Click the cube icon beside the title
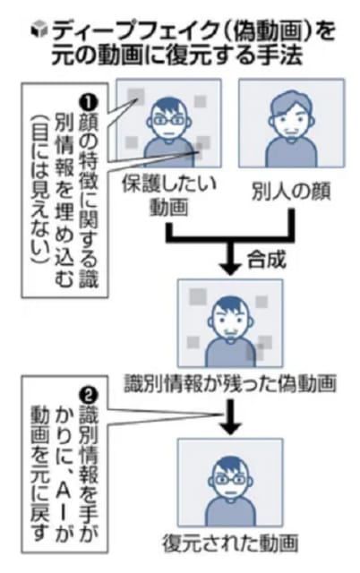(39, 30)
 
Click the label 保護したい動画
(169, 196)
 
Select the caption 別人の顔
(291, 191)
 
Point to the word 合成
(266, 260)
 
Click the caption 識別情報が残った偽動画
(230, 383)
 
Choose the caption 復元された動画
(230, 543)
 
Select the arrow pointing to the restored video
(230, 416)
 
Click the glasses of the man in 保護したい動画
(168, 120)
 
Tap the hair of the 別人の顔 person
(291, 104)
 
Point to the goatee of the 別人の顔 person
(291, 137)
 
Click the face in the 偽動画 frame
(230, 321)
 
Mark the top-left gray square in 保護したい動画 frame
(135, 96)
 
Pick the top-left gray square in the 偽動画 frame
(198, 296)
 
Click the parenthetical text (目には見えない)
(41, 191)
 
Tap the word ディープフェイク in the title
(135, 31)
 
